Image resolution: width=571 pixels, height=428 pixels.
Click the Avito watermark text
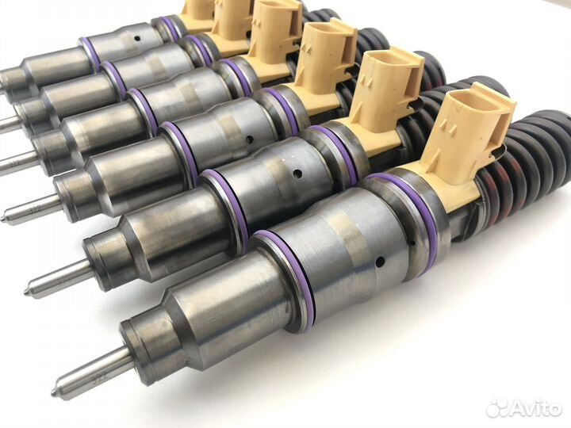point(535,409)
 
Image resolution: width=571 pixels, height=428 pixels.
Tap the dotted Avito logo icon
point(496,408)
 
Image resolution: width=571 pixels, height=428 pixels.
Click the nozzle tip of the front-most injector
point(54,392)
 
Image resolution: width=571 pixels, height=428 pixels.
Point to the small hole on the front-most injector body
point(381,261)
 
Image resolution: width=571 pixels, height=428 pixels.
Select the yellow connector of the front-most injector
point(469,142)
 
